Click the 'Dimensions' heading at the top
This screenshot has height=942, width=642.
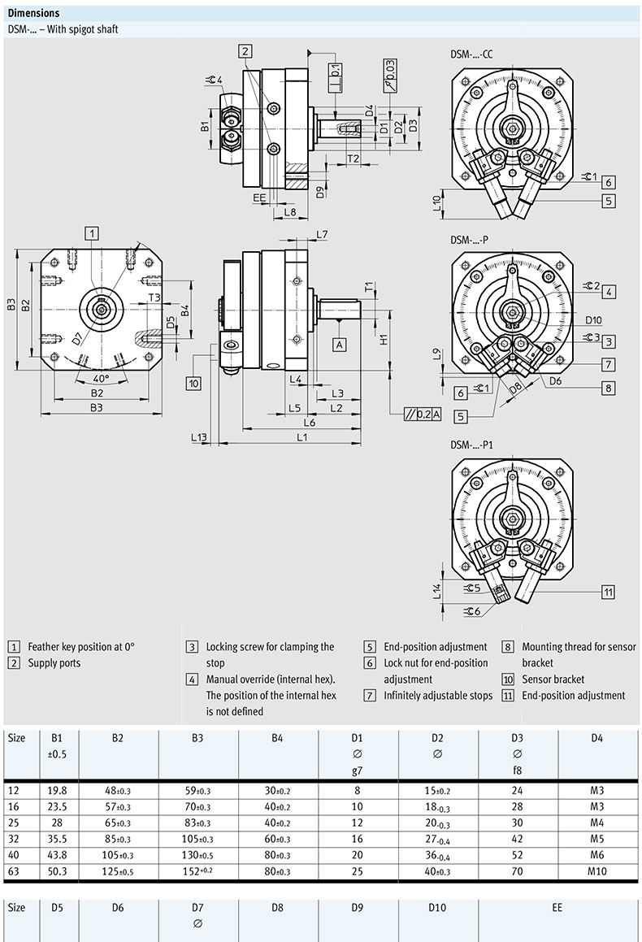pos(33,13)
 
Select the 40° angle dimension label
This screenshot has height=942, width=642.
pos(101,379)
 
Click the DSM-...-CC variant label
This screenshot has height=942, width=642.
pos(471,54)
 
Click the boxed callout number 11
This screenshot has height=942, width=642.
pos(608,592)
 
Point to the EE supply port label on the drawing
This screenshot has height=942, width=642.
pos(259,198)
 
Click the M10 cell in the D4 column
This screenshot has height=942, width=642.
pos(597,870)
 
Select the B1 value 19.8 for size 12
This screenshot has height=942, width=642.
pos(58,789)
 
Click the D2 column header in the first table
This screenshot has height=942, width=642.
pos(437,738)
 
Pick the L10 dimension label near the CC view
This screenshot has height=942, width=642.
pos(438,204)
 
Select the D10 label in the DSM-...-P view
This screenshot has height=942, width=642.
pos(592,319)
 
